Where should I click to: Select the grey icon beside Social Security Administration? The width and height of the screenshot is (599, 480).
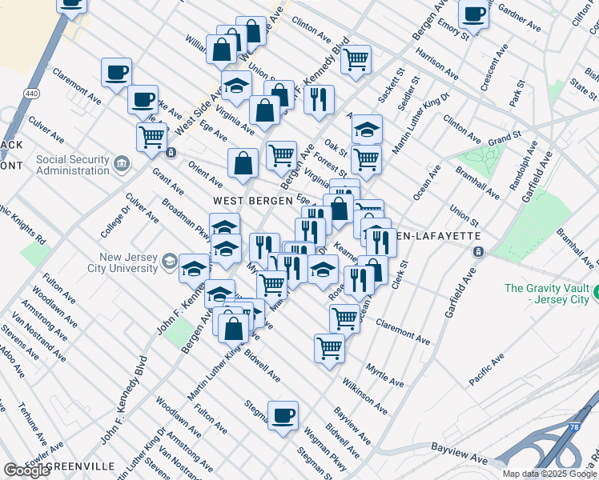[x=122, y=164]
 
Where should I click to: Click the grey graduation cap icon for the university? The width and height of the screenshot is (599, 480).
[x=169, y=262]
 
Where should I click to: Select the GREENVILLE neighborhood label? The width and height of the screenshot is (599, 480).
[x=80, y=466]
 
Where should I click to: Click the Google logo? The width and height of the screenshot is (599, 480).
[x=26, y=470]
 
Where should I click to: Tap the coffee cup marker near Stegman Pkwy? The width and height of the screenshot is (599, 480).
[x=283, y=415]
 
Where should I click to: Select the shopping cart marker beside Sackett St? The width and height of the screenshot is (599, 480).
[x=356, y=58]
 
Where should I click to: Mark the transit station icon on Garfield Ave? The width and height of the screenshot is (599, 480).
[x=479, y=252]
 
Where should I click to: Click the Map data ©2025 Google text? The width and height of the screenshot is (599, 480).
[x=549, y=474]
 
